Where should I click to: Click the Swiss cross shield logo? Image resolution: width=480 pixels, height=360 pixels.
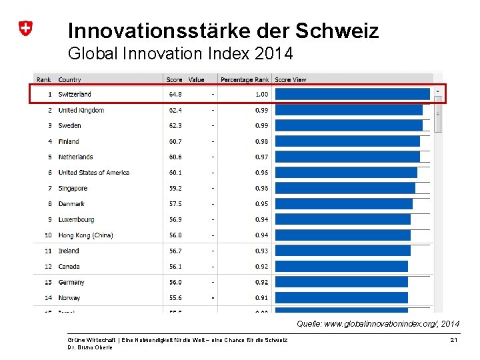(25, 29)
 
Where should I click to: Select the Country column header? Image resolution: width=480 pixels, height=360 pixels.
(69, 80)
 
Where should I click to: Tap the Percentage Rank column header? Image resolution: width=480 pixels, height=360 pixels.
(244, 80)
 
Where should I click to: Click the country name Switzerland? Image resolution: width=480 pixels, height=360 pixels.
(75, 95)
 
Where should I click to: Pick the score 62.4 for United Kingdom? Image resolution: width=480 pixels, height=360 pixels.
(175, 110)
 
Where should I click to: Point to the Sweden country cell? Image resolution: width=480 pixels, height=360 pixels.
(69, 125)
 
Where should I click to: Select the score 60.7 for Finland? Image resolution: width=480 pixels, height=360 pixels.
(175, 141)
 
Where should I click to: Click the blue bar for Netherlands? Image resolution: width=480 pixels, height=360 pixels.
(347, 157)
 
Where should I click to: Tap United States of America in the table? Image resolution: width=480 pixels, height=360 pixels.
(93, 173)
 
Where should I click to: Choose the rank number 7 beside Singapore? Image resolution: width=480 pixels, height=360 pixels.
(49, 189)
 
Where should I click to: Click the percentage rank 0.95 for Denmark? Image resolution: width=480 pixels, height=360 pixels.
(261, 204)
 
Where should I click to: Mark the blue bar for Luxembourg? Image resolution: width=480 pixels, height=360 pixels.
(343, 219)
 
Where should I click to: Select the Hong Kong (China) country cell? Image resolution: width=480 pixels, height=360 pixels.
(85, 235)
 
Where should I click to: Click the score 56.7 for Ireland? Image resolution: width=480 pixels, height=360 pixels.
(175, 251)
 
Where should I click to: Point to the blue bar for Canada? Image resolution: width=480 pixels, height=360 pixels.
(341, 266)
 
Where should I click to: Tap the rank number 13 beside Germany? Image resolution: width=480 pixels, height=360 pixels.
(48, 282)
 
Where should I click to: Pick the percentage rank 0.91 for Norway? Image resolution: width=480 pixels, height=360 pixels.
(261, 298)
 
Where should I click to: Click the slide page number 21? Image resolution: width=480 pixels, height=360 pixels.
(453, 341)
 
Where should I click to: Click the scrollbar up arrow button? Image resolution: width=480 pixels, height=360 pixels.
(438, 91)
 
